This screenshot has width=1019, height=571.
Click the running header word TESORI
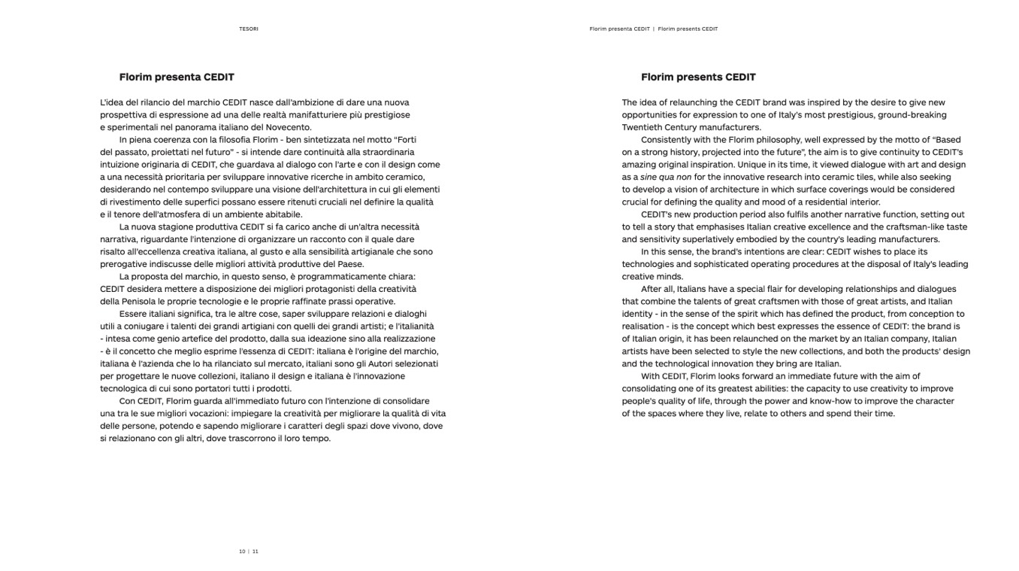pyautogui.click(x=249, y=29)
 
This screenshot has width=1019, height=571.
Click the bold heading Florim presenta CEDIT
pyautogui.click(x=177, y=77)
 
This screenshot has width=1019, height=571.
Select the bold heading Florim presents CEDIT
pyautogui.click(x=698, y=77)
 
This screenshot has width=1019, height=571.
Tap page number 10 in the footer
pyautogui.click(x=242, y=551)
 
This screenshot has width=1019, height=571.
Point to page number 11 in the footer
pyautogui.click(x=256, y=551)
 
